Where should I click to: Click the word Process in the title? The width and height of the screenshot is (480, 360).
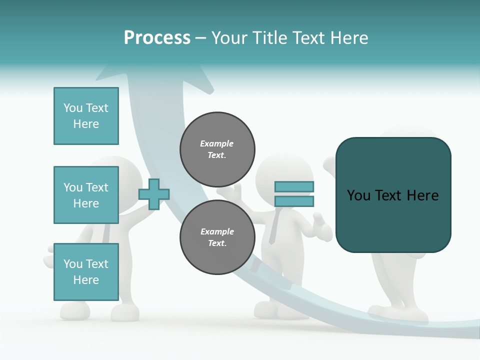157,37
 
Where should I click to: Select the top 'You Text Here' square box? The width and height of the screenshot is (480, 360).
86,116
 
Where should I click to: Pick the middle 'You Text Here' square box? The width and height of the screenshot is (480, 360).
86,195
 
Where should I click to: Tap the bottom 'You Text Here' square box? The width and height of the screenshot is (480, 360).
86,271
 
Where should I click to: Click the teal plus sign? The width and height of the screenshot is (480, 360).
153,194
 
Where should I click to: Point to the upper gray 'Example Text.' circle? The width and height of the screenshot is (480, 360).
217,149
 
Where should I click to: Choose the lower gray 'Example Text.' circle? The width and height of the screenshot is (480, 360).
217,237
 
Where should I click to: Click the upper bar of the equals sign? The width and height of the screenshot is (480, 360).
294,186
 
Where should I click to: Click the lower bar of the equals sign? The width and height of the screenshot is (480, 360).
294,201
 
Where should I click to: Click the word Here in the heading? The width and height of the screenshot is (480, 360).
347,37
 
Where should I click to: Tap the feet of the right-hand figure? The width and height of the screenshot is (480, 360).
397,313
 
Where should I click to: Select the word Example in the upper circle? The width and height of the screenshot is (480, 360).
217,143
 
